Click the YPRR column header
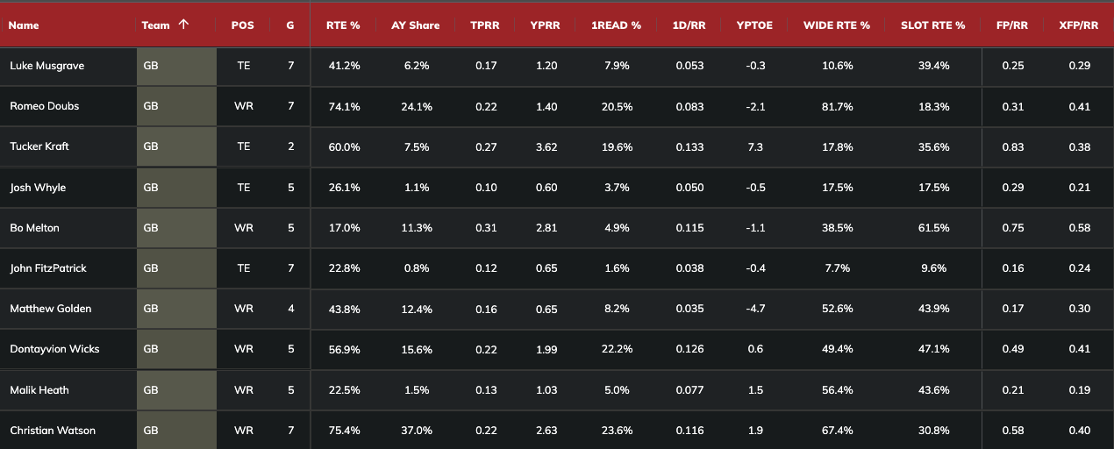tap(545, 25)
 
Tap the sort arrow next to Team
tap(182, 25)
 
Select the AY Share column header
tap(416, 25)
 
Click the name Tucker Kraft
tap(39, 146)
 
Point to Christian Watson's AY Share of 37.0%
tap(416, 431)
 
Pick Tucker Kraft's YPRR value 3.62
tap(545, 146)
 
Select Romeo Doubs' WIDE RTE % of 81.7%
tap(836, 106)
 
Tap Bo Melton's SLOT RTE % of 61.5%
tap(932, 228)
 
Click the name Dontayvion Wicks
tap(54, 349)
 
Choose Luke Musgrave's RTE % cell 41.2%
tap(344, 66)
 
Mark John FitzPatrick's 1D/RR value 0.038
tap(689, 268)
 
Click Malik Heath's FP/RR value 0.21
tap(1013, 390)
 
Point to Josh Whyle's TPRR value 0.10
tap(485, 188)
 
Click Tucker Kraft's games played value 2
tap(290, 146)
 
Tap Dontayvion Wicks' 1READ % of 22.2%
tap(617, 349)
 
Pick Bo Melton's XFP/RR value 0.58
tap(1079, 228)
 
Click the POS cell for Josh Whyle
tap(243, 188)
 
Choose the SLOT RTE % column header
tap(932, 25)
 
